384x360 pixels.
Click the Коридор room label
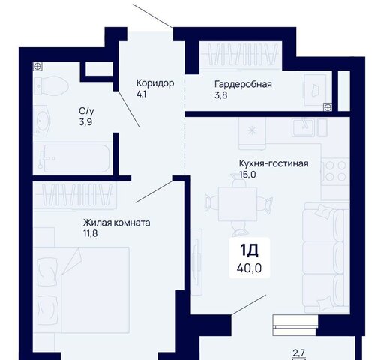tap(155, 82)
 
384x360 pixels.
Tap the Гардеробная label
tap(243, 84)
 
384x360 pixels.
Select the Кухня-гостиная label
tap(274, 163)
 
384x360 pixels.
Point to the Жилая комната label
tap(116, 223)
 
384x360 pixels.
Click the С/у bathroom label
tap(86, 111)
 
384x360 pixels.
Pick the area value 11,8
tap(90, 233)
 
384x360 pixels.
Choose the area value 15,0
tap(247, 175)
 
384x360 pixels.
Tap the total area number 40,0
tap(249, 268)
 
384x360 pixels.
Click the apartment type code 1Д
tap(249, 250)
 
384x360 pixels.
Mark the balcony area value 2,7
tap(298, 353)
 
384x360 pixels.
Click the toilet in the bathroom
tap(51, 85)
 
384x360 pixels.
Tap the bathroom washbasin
tap(42, 121)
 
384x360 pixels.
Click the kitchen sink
tap(304, 127)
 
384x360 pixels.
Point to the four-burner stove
tap(335, 171)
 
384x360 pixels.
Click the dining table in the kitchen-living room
tap(238, 204)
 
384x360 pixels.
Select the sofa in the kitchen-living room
tap(326, 257)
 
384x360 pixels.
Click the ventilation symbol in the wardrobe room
tap(328, 107)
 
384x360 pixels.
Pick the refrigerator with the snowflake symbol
tap(252, 133)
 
